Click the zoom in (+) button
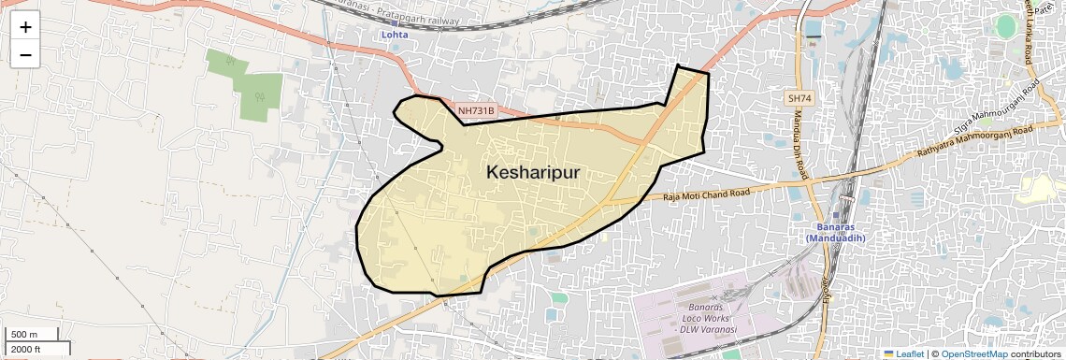coord(25,26)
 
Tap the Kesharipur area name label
coord(533,173)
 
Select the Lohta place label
coord(395,35)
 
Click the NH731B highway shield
coord(476,111)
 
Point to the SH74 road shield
coord(799,97)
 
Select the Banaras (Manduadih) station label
coord(836,233)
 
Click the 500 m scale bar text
coord(25,335)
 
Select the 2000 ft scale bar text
coord(27,349)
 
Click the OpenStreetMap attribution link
coord(973,353)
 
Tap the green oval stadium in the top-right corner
coord(1005,26)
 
